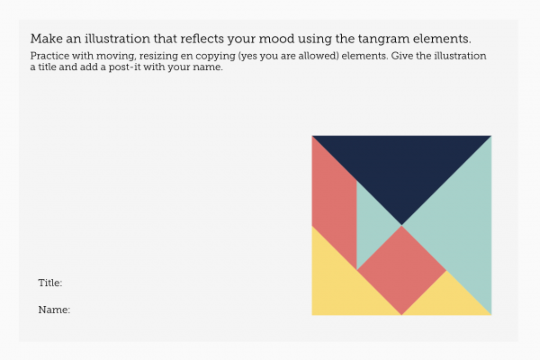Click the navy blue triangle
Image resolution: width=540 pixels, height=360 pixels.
coord(401,166)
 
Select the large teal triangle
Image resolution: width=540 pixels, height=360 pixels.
coord(462,225)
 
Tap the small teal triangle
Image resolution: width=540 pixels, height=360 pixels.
coord(371,225)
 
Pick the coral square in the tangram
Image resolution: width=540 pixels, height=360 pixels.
coord(401,270)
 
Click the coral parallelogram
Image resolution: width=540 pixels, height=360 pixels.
coord(335,202)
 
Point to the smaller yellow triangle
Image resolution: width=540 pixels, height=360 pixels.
coord(446,300)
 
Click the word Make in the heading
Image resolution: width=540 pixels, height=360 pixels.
coord(47,39)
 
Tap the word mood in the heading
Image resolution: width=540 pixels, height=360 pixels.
coord(276,39)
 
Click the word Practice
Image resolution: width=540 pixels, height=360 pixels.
coord(49,56)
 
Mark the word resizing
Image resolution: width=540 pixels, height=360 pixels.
coord(158,57)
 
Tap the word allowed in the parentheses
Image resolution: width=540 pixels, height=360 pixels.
coord(319,56)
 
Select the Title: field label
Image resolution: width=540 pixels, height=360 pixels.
coord(50,283)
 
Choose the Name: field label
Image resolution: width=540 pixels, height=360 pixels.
coord(54,310)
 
